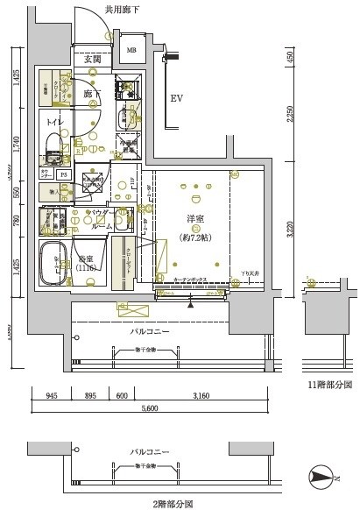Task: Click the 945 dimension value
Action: (x=53, y=394)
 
